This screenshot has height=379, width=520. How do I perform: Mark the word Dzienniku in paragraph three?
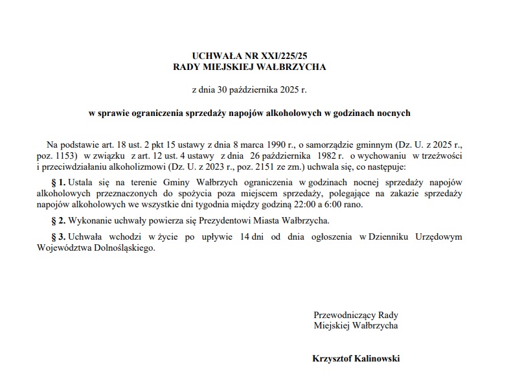[x=400, y=237]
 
